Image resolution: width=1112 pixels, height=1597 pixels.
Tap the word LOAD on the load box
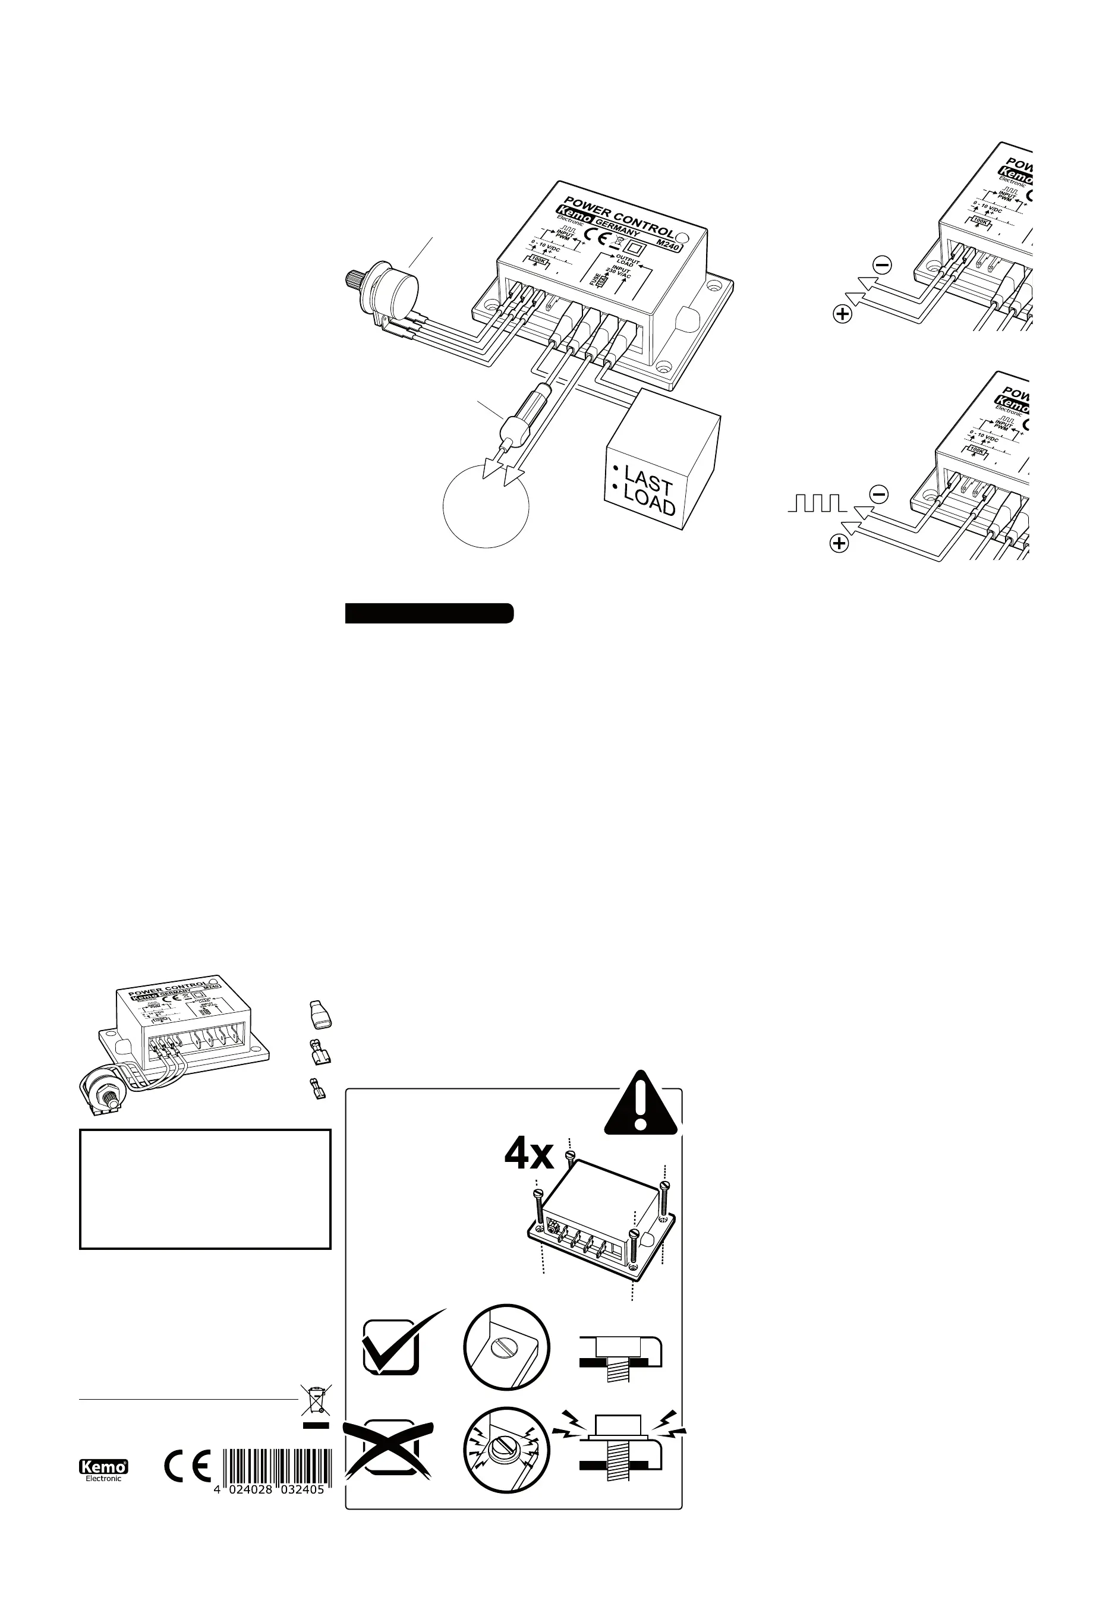point(649,503)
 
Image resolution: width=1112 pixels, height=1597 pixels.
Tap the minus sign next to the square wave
point(879,494)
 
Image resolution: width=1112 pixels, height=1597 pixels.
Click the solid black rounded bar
point(429,614)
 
